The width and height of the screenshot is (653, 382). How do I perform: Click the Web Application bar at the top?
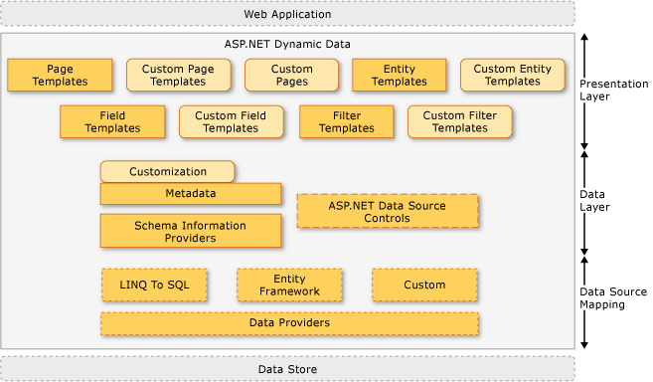288,14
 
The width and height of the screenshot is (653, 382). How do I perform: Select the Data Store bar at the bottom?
288,368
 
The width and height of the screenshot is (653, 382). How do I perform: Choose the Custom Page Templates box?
178,76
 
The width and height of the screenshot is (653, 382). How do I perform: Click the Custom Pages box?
291,76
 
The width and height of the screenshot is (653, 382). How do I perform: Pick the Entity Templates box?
399,76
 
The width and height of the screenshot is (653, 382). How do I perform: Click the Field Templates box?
112,122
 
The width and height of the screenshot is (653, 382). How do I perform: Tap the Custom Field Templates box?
231,122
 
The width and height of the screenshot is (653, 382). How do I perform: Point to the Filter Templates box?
347,122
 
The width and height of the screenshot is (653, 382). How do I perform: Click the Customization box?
167,172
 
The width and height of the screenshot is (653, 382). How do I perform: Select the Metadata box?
190,194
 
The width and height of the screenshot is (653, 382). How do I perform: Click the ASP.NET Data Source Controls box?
388,211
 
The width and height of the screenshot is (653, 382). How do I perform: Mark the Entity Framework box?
289,286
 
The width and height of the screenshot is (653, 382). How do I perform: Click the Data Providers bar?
289,323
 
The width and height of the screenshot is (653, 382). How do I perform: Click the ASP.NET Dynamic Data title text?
288,45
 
